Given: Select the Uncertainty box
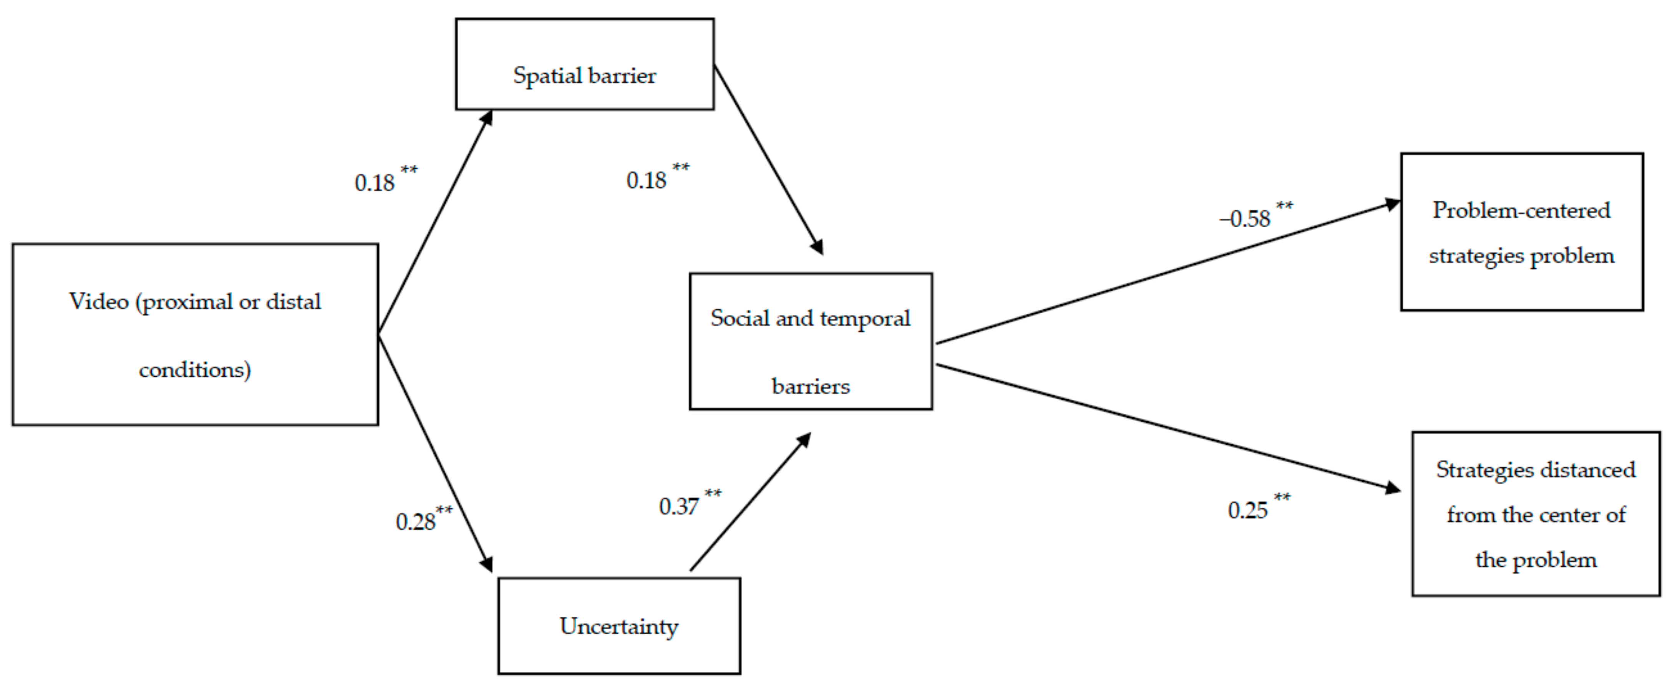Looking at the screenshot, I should click(x=619, y=626).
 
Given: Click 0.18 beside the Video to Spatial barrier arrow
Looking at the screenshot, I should click(x=375, y=183).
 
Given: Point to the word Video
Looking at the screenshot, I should click(x=98, y=301).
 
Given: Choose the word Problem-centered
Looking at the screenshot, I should click(x=1522, y=210).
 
